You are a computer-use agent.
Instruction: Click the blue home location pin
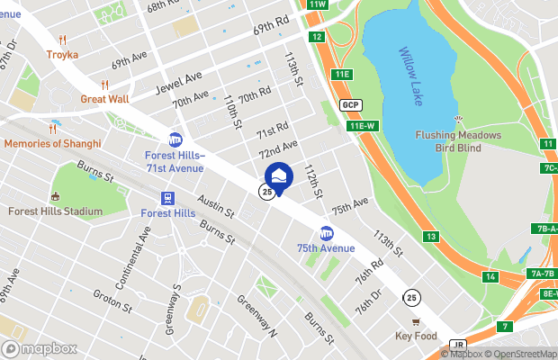click(x=279, y=176)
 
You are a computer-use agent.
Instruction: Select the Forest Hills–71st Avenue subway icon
click(x=175, y=139)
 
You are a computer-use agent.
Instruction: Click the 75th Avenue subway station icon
click(x=326, y=233)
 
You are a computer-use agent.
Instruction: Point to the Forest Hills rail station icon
click(x=167, y=198)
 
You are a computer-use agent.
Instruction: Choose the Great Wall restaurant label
click(x=104, y=98)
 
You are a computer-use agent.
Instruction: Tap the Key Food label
click(x=416, y=336)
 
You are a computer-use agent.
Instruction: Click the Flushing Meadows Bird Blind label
click(x=459, y=140)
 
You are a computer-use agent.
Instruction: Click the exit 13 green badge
click(x=432, y=237)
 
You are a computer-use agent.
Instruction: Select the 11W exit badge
click(x=316, y=4)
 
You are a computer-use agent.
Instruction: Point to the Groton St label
click(x=112, y=300)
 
